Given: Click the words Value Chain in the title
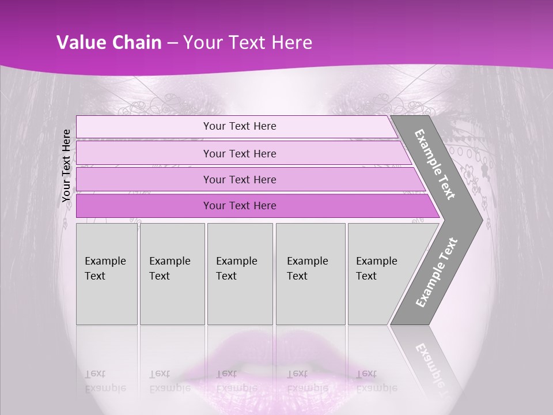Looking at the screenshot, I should point(109,43).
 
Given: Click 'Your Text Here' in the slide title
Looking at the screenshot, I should point(248,43).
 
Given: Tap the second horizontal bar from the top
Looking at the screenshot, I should point(240,153).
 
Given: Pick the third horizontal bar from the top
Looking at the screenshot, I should point(240,179).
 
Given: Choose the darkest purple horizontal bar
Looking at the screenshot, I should point(240,206).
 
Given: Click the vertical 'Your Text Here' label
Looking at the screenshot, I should point(67,165).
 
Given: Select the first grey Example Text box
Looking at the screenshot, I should point(107,273).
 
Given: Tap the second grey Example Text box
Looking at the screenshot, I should point(172,273).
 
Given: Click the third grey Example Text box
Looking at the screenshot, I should point(240,273).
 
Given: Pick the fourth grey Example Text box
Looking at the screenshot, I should point(310,273).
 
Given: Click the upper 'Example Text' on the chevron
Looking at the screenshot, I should point(435,164).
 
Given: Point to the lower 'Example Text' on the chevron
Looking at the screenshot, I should point(437,272).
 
